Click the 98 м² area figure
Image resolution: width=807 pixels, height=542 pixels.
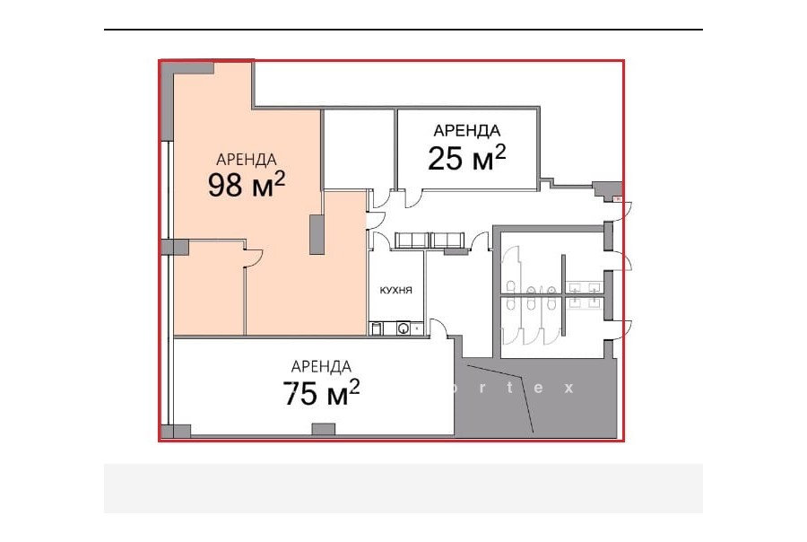point(247,185)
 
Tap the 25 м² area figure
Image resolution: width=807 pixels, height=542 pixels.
point(467,157)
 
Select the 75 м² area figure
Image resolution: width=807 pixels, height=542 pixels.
point(321,393)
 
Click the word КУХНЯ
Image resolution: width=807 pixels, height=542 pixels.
point(395,291)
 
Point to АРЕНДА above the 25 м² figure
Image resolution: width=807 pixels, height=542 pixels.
point(467,131)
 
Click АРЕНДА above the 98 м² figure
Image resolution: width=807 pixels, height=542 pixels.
point(247,160)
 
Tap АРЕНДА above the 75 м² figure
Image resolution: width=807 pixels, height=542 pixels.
point(321,367)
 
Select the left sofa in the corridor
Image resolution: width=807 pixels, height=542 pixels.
point(412,240)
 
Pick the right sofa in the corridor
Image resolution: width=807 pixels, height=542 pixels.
point(447,240)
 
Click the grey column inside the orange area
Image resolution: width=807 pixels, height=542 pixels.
point(317,234)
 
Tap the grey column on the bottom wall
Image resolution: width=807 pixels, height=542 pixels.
point(324,429)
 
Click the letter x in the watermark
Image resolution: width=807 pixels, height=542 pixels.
point(568,388)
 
